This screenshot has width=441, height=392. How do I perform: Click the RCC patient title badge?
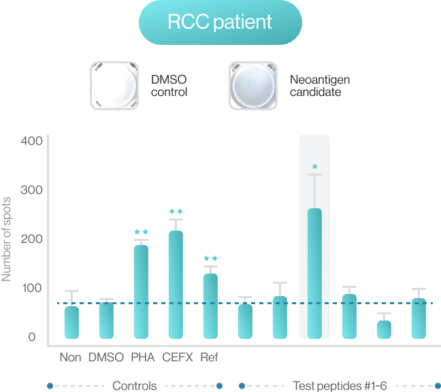tap(220, 22)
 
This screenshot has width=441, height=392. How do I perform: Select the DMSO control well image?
tap(114, 86)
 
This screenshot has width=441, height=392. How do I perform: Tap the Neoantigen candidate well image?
tap(253, 86)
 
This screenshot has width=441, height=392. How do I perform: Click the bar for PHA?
tap(141, 291)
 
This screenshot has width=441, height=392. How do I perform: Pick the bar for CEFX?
tap(176, 284)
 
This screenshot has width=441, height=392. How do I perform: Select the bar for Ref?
tap(210, 306)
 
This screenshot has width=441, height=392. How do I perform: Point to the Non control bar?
tap(71, 323)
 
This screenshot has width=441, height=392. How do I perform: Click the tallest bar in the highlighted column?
tap(314, 274)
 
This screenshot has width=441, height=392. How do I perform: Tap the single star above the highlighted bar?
tap(314, 167)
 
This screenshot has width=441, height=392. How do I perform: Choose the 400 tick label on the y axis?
tap(32, 141)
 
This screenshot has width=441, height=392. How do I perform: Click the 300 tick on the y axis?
tap(32, 190)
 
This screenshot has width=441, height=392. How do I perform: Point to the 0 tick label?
tap(32, 337)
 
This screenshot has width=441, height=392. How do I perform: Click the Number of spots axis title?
tap(6, 239)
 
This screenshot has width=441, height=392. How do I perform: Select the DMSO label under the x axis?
tap(106, 357)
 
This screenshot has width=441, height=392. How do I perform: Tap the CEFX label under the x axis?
tap(178, 357)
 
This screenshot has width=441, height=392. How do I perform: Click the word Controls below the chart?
tap(135, 386)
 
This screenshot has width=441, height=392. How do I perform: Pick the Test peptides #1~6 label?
tap(340, 386)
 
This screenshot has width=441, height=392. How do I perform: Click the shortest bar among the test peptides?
tap(384, 329)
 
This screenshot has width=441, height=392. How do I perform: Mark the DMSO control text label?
tap(169, 86)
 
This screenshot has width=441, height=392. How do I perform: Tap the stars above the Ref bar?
tap(210, 258)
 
